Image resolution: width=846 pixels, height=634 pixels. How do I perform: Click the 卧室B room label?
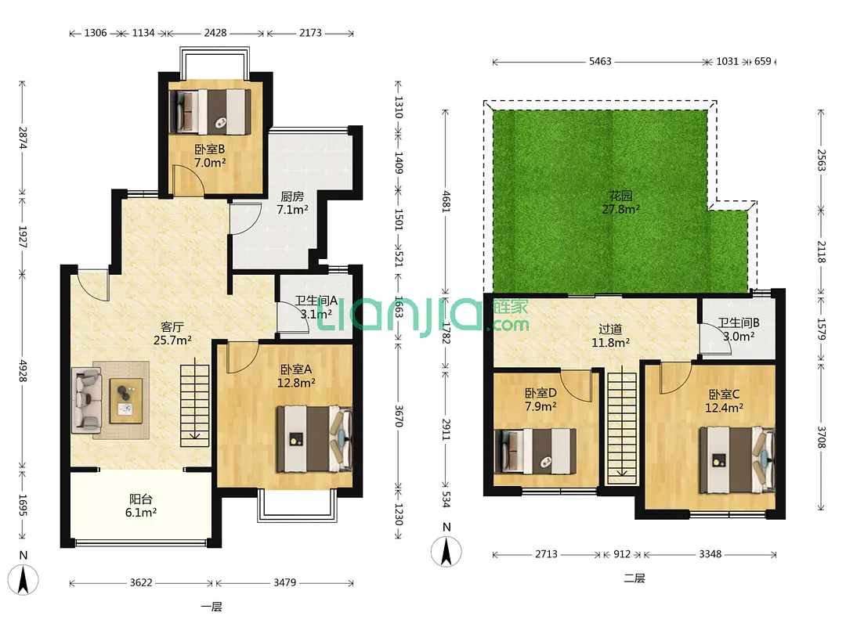click(210, 149)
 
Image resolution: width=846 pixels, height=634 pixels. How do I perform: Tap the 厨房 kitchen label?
click(292, 196)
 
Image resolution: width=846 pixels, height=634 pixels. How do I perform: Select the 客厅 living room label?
click(172, 326)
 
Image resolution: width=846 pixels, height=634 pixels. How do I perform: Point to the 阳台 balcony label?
click(141, 499)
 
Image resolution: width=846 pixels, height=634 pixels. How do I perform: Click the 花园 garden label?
click(620, 196)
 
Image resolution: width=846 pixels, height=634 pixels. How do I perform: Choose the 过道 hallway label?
click(610, 329)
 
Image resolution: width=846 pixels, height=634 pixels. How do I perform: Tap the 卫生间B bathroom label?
click(738, 322)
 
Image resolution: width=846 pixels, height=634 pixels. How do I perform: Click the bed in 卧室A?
click(315, 439)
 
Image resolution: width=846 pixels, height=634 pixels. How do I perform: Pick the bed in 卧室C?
click(738, 460)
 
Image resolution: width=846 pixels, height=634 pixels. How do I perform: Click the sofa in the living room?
click(86, 400)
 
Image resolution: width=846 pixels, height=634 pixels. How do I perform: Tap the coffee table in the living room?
click(126, 401)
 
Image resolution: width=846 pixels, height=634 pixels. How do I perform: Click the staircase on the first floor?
click(194, 405)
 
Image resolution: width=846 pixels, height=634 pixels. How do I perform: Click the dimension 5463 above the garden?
click(600, 62)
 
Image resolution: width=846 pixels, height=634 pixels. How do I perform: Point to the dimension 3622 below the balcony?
click(141, 583)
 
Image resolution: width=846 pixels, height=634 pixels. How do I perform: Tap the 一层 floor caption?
click(211, 607)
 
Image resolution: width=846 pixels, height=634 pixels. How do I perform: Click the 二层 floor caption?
click(634, 578)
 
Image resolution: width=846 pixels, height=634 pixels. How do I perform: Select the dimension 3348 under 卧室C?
click(710, 554)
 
